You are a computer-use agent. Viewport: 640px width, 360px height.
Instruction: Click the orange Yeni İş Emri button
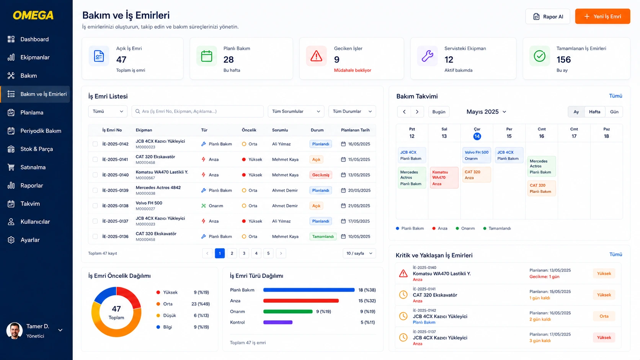click(602, 16)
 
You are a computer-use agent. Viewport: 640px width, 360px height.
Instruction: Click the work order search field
click(198, 111)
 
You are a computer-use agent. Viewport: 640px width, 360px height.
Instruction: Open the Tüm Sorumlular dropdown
click(296, 111)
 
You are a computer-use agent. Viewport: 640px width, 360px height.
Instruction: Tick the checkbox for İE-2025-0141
click(95, 159)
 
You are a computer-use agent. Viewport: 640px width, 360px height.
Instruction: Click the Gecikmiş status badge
click(320, 175)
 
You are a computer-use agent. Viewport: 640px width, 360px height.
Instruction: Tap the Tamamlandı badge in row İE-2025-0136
click(323, 236)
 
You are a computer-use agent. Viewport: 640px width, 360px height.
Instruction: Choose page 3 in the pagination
click(244, 253)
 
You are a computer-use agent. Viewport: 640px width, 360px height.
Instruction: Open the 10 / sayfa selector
click(359, 253)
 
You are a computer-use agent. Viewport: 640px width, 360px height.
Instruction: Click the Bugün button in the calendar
click(439, 112)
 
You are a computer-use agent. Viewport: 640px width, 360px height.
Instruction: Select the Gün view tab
click(614, 112)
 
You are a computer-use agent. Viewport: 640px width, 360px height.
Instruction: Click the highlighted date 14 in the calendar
click(477, 136)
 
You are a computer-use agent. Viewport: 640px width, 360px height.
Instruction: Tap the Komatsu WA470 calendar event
click(444, 178)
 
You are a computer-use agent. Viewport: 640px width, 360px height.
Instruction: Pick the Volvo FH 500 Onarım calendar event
click(476, 155)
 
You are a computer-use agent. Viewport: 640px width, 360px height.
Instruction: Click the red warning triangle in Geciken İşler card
click(316, 56)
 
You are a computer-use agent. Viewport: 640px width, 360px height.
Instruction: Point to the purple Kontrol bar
click(278, 322)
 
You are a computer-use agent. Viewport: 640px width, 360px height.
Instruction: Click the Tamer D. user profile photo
click(15, 331)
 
